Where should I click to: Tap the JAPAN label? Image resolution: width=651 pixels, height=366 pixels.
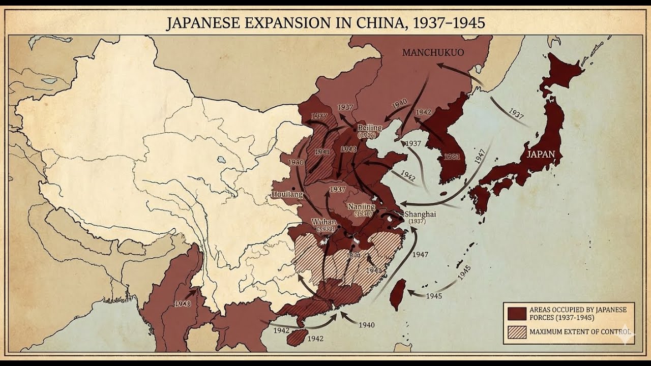541,154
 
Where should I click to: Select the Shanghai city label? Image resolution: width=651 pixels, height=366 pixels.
420,215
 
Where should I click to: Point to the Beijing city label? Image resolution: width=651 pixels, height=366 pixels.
370,128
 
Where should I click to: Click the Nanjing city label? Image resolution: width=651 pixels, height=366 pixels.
361,207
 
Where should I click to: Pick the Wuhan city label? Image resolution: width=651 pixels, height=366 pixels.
324,222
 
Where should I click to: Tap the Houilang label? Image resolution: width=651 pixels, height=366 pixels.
287,195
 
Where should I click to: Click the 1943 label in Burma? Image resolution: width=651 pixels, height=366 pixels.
182,303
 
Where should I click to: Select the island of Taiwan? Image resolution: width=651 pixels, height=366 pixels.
397,294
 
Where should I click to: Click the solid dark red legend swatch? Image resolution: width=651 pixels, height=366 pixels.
516,313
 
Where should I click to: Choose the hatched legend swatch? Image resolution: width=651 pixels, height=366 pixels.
516,332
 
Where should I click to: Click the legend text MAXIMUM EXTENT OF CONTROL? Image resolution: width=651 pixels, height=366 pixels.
580,332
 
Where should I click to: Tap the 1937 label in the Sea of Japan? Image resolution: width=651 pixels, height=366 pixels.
516,114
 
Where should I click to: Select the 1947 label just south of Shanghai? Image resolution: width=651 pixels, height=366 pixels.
420,254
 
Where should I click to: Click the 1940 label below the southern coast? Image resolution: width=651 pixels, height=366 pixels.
366,325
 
